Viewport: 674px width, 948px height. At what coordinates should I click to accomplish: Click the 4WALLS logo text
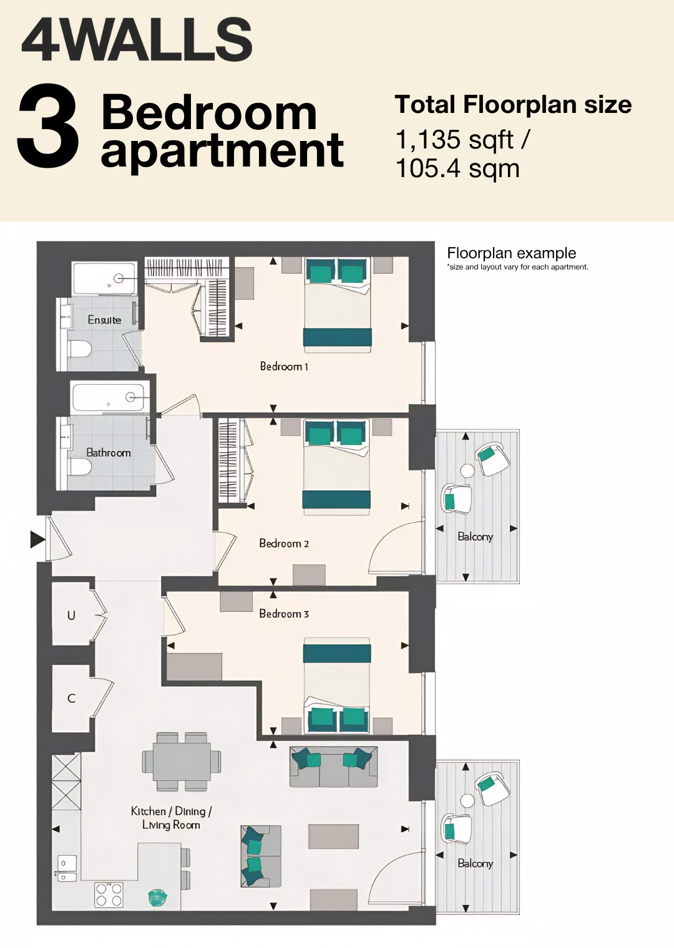point(137,40)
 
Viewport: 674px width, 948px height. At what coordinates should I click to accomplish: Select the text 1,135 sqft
point(454,140)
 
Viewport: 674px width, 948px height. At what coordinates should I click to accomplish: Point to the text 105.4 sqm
point(457,168)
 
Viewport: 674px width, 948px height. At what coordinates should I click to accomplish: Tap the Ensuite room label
point(104,320)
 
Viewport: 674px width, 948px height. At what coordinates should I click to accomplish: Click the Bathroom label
point(109,453)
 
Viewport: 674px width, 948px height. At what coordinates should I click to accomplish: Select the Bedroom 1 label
point(284,367)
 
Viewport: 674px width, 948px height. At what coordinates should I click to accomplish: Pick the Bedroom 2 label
point(284,543)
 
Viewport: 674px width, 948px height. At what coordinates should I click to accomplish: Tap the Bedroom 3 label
point(284,614)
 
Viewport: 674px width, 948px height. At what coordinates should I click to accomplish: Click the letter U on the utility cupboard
point(71,616)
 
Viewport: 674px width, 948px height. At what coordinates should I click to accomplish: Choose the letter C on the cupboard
point(71,699)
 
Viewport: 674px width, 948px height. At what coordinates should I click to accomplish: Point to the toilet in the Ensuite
point(80,349)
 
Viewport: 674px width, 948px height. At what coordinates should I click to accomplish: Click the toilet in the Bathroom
point(80,468)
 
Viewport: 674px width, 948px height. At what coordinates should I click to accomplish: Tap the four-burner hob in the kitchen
point(109,894)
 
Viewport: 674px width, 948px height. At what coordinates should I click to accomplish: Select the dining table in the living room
point(182,762)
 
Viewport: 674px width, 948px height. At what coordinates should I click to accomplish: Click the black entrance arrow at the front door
point(37,540)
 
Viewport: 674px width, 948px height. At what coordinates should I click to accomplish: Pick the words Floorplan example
point(511,253)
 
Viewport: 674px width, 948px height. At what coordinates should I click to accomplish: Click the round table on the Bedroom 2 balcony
point(467,471)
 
